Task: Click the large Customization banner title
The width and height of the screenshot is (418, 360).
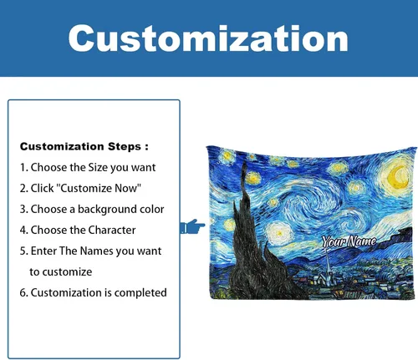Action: point(208,38)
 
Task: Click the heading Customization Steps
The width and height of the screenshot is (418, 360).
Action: point(84,146)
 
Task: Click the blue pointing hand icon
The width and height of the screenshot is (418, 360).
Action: point(192,226)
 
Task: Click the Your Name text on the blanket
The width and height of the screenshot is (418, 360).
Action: point(349,241)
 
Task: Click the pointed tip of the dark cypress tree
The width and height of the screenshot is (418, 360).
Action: point(244,162)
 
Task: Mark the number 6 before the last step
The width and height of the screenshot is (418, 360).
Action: point(23,293)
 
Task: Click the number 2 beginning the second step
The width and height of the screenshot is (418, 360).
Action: point(23,188)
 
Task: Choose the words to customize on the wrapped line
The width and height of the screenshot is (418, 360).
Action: point(61,272)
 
